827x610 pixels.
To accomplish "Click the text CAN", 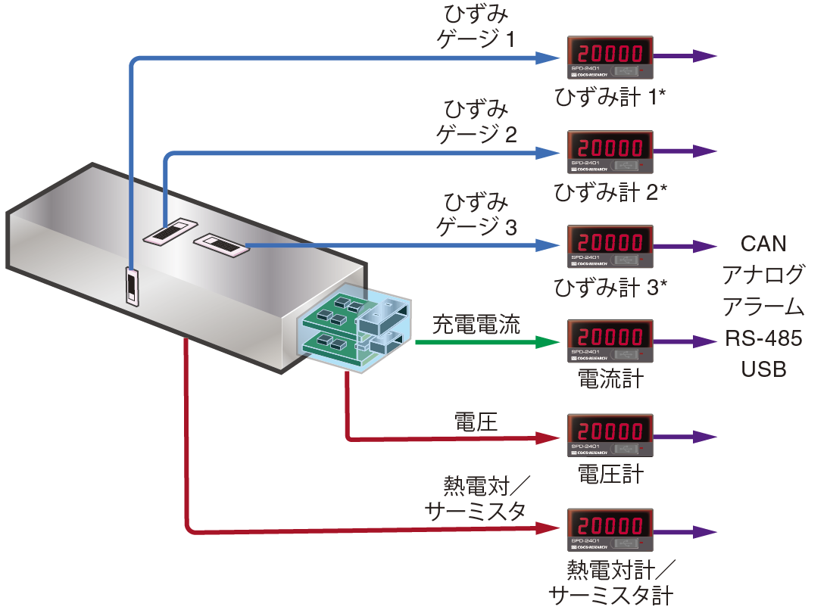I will [763, 244].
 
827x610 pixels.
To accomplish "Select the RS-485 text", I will [763, 338].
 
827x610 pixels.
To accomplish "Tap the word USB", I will [763, 370].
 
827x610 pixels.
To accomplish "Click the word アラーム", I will [763, 307].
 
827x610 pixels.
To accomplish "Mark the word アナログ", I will [763, 275].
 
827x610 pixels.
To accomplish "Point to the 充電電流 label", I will [476, 326].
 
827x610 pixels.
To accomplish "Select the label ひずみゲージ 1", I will [476, 26].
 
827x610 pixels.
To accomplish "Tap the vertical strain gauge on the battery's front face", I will [133, 288].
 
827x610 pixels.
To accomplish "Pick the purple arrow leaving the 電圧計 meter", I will [685, 437].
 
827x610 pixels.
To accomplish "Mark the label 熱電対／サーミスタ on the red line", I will [476, 500].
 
